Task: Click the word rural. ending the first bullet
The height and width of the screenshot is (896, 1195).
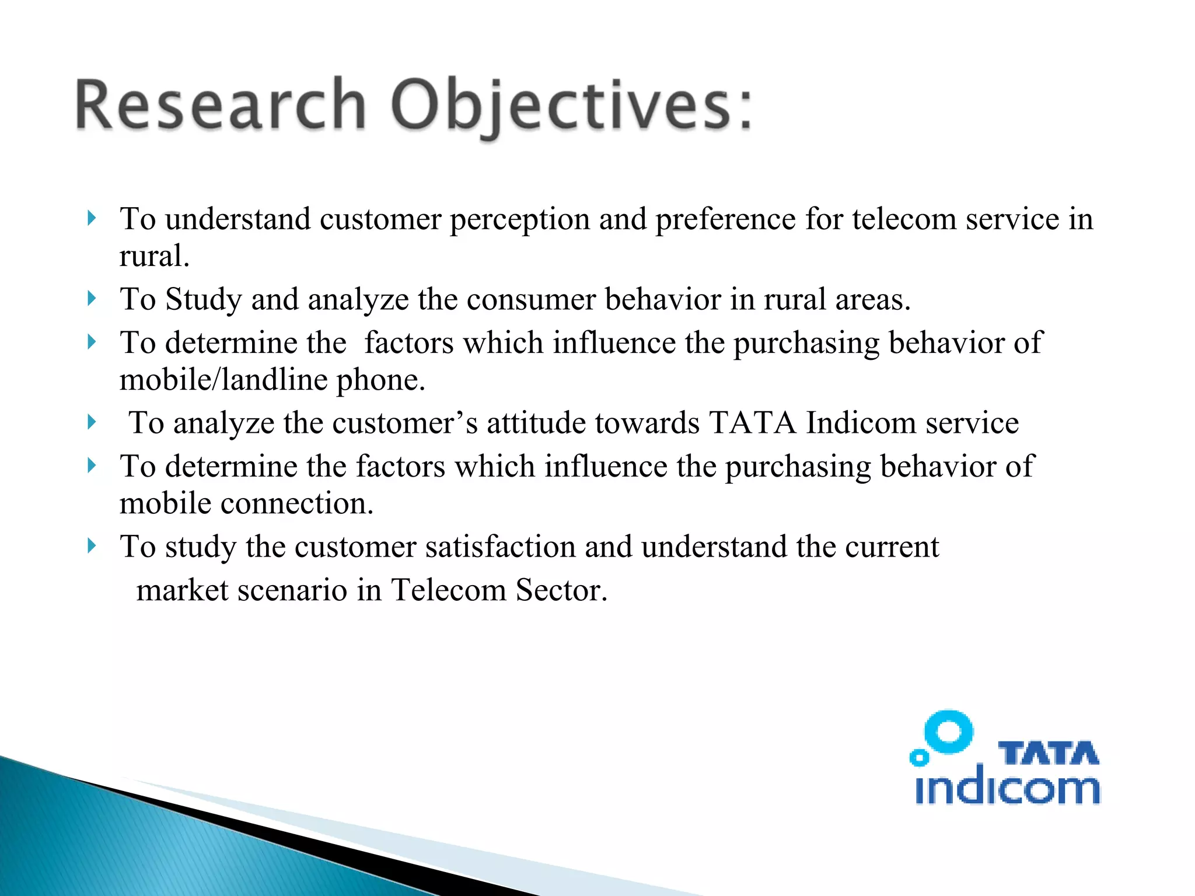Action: [155, 256]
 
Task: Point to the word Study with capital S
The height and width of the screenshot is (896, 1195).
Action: [203, 300]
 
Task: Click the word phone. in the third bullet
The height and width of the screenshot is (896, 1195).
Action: [381, 380]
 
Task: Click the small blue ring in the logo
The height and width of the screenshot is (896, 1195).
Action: [920, 758]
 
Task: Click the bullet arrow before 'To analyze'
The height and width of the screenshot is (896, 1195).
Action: [91, 422]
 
